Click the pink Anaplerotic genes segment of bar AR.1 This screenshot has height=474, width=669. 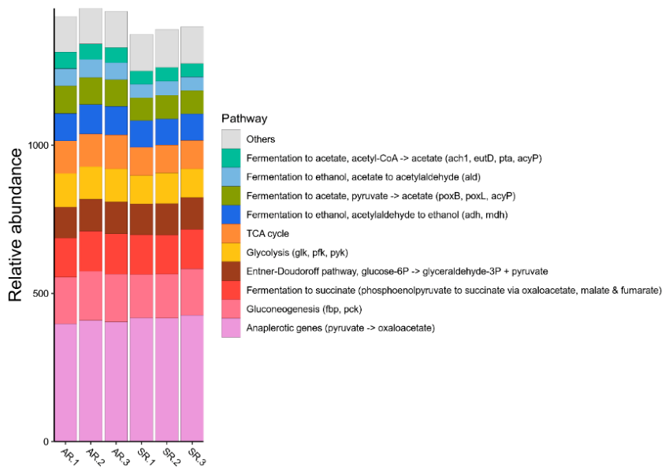[x=65, y=383]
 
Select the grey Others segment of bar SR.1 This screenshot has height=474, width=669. [x=142, y=53]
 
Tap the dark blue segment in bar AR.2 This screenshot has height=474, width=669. [x=91, y=119]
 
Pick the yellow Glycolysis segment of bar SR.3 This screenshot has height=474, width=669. [x=192, y=183]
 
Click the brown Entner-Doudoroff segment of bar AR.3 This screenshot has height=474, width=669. [x=116, y=218]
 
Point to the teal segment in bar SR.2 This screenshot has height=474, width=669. [x=167, y=74]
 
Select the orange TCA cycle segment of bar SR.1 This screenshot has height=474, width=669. [x=142, y=161]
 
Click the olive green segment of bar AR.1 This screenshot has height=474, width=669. [x=65, y=100]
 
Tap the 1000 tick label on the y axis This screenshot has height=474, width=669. [x=39, y=146]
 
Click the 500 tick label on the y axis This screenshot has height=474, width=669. [x=41, y=294]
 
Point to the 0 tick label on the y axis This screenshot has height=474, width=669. [x=46, y=442]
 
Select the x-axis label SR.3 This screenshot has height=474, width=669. [x=197, y=457]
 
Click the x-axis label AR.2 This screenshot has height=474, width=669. [x=95, y=457]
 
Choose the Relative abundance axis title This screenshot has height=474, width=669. [x=16, y=225]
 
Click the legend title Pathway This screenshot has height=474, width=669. [x=244, y=118]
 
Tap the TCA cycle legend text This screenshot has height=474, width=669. [x=267, y=234]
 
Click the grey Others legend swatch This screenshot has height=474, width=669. [x=231, y=139]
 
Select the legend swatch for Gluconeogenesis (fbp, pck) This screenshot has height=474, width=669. [x=231, y=309]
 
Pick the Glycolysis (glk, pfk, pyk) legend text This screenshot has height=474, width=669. [x=297, y=253]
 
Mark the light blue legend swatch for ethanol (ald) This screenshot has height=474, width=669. [x=231, y=177]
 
